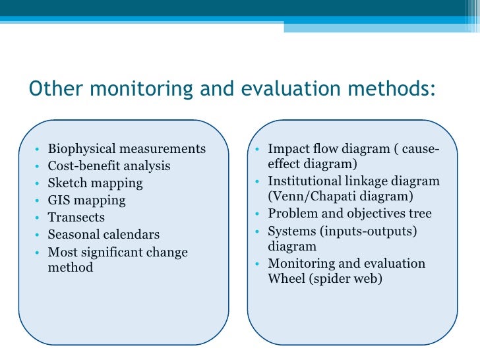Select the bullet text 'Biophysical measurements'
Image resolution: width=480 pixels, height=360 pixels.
(x=127, y=149)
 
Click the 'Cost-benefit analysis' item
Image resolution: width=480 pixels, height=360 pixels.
(x=109, y=166)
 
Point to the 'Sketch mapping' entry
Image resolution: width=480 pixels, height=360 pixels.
(x=95, y=183)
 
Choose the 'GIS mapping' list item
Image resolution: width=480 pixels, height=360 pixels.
(x=86, y=200)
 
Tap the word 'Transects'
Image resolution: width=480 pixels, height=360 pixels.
(x=76, y=218)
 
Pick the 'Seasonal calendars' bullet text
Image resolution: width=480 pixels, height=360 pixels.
(x=104, y=235)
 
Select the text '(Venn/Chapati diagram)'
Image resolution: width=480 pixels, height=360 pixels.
(x=340, y=196)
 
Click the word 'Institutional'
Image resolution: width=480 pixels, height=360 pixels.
(x=307, y=181)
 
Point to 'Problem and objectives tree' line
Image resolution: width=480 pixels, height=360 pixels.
(x=349, y=214)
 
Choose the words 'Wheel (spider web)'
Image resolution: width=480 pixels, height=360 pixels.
(x=325, y=278)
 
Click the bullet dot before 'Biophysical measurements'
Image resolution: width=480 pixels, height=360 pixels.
(x=40, y=150)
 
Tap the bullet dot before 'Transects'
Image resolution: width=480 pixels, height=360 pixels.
(x=40, y=218)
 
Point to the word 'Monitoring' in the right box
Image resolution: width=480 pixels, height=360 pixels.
(x=301, y=264)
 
